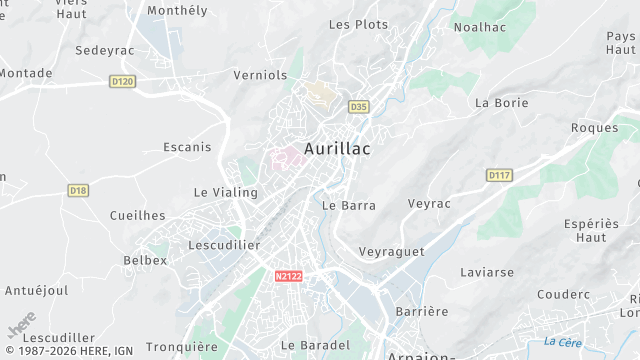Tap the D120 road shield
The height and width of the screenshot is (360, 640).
click(122, 81)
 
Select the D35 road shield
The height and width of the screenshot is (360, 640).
click(359, 106)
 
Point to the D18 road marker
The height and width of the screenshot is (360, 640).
click(78, 190)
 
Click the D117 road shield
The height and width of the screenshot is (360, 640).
click(499, 175)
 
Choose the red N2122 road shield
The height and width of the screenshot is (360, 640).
click(288, 275)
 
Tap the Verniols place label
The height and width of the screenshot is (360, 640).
click(259, 75)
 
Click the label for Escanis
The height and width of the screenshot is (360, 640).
click(187, 147)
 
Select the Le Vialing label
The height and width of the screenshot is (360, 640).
click(225, 192)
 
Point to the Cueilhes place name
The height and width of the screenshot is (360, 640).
click(138, 215)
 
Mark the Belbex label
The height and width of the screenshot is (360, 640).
click(145, 260)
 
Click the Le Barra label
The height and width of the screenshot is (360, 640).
click(349, 205)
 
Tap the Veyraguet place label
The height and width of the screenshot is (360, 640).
click(391, 251)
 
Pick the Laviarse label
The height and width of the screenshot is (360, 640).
click(487, 272)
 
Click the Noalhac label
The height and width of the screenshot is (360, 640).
click(479, 27)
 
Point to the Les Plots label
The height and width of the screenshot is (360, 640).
click(358, 24)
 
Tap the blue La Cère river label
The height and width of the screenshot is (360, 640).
click(563, 342)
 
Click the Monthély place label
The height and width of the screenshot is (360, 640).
click(177, 10)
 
